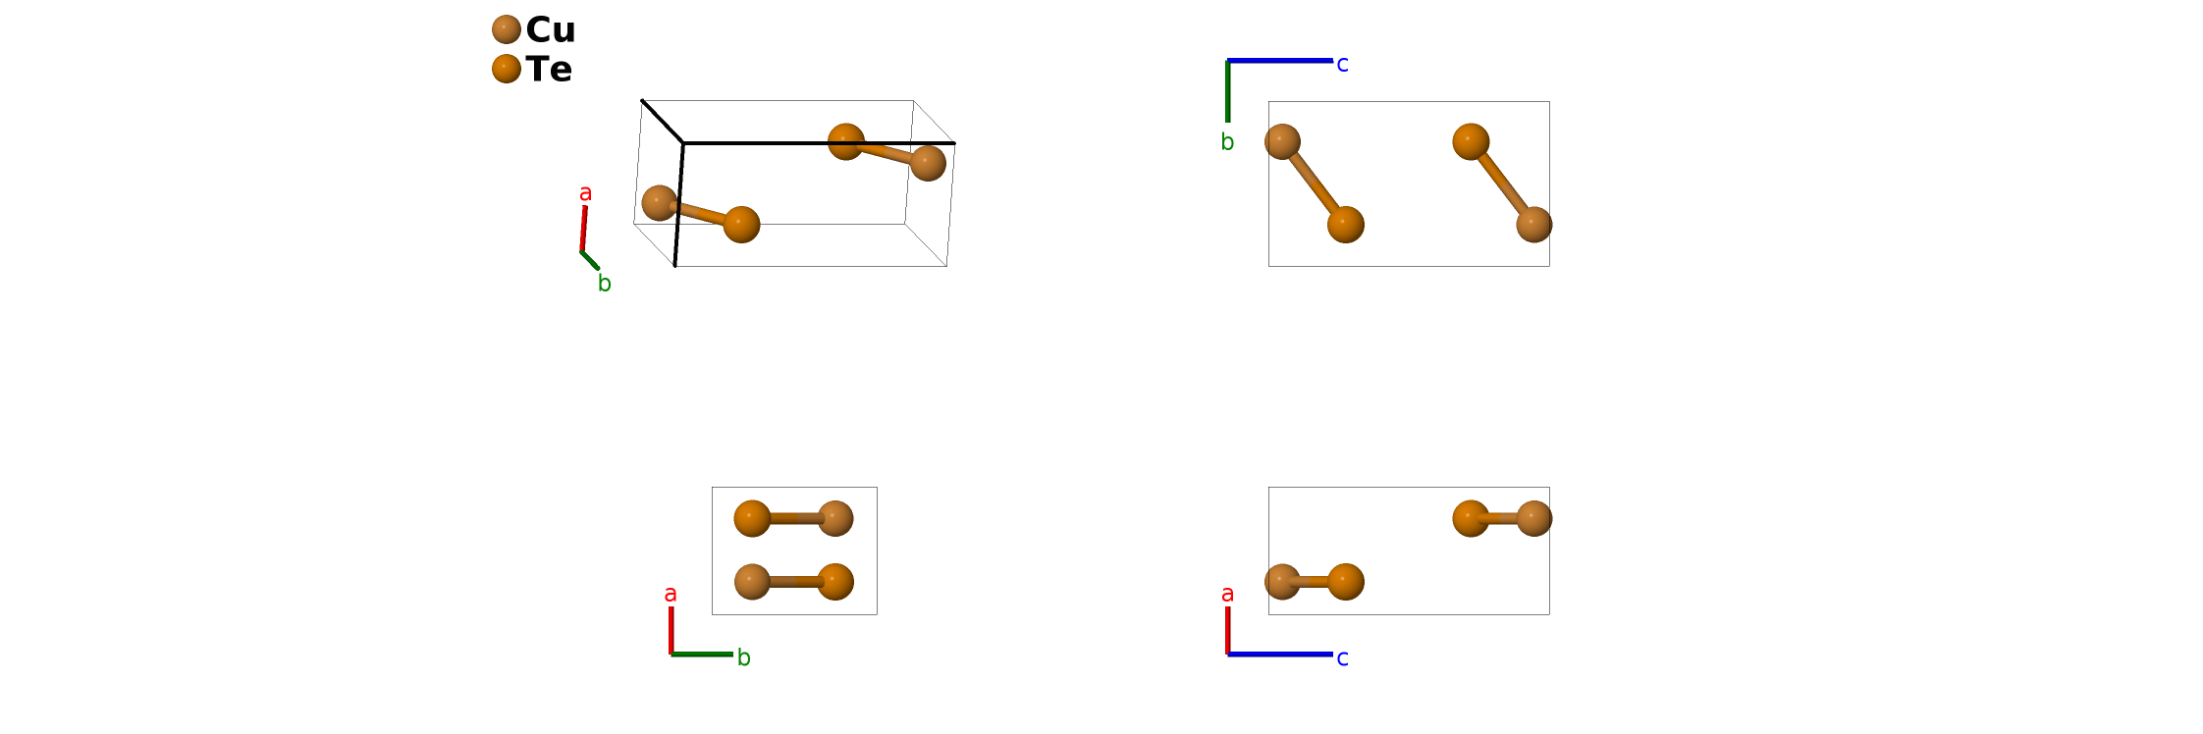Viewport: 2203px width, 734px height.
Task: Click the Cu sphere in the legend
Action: [506, 29]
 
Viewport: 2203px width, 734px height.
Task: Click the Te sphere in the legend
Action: [506, 69]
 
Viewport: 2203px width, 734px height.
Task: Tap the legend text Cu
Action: [551, 29]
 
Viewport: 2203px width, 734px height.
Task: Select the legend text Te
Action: [549, 70]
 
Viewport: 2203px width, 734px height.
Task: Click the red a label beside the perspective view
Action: [586, 193]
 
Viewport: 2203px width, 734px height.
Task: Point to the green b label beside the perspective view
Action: [605, 285]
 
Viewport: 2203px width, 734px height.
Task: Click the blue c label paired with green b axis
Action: [1342, 65]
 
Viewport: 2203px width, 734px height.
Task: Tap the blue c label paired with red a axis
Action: [1342, 658]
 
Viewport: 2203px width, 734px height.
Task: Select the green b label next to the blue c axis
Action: [1227, 143]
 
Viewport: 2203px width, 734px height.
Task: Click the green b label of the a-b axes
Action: [744, 658]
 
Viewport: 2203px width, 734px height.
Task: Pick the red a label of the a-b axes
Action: [671, 595]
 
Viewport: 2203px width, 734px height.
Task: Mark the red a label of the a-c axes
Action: [1227, 595]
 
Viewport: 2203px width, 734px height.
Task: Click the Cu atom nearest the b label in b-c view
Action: [1282, 142]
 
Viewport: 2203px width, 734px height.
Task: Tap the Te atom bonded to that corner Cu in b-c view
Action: [1345, 225]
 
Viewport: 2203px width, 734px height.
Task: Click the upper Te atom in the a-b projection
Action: [752, 518]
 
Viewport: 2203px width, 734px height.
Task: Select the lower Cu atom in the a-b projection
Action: [752, 581]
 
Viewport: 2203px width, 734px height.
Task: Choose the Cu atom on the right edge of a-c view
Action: [1533, 518]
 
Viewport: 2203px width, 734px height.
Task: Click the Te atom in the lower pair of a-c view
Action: [1345, 581]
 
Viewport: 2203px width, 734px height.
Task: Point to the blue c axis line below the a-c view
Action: [1280, 654]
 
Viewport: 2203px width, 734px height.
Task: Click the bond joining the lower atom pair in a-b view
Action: [793, 582]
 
